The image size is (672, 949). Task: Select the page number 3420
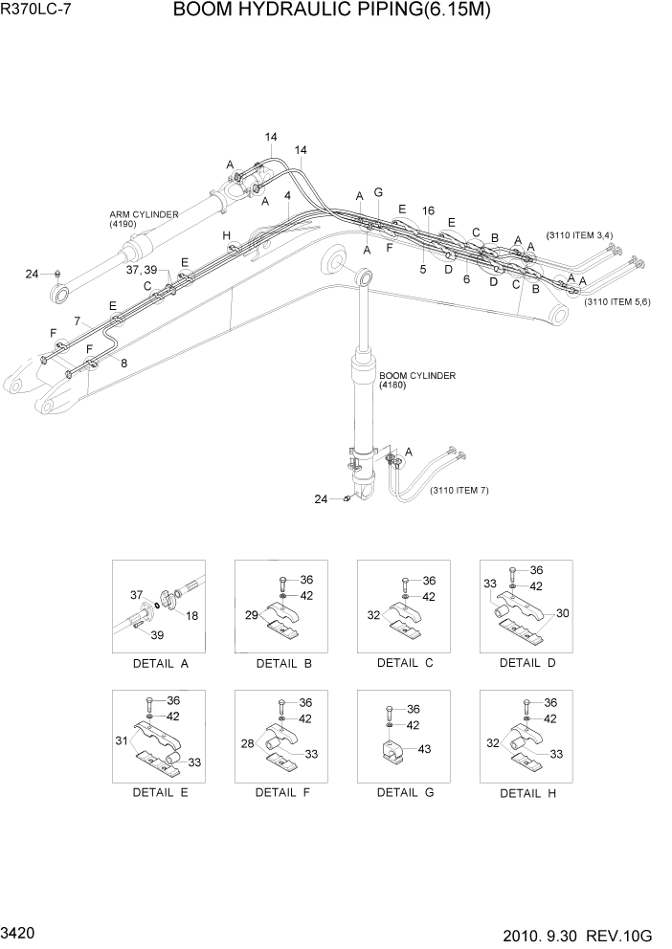pos(20,930)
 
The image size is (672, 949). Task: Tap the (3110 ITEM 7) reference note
pos(459,491)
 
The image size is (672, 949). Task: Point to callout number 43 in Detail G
pos(424,749)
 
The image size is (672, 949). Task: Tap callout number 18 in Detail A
pos(191,615)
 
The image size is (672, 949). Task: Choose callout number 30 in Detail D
pos(563,613)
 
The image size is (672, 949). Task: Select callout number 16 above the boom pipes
pos(428,210)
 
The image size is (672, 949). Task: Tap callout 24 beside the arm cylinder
pos(32,275)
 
